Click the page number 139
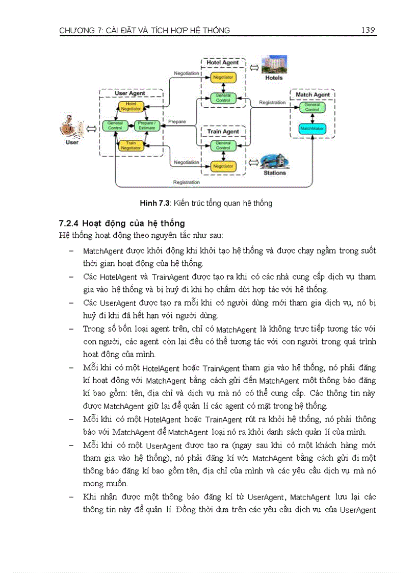(368, 30)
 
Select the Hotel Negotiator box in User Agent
(131, 106)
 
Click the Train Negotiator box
(131, 145)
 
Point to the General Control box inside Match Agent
(312, 107)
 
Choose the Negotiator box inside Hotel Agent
(223, 77)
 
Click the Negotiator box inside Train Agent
(223, 166)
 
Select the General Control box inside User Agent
(115, 125)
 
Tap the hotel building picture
(274, 66)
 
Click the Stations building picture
(273, 162)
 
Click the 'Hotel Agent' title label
(223, 63)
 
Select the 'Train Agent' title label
(223, 132)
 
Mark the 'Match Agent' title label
(313, 95)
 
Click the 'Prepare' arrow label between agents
(176, 122)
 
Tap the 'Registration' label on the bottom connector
(186, 182)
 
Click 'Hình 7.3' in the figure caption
(155, 204)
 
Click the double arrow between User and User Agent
(91, 128)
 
